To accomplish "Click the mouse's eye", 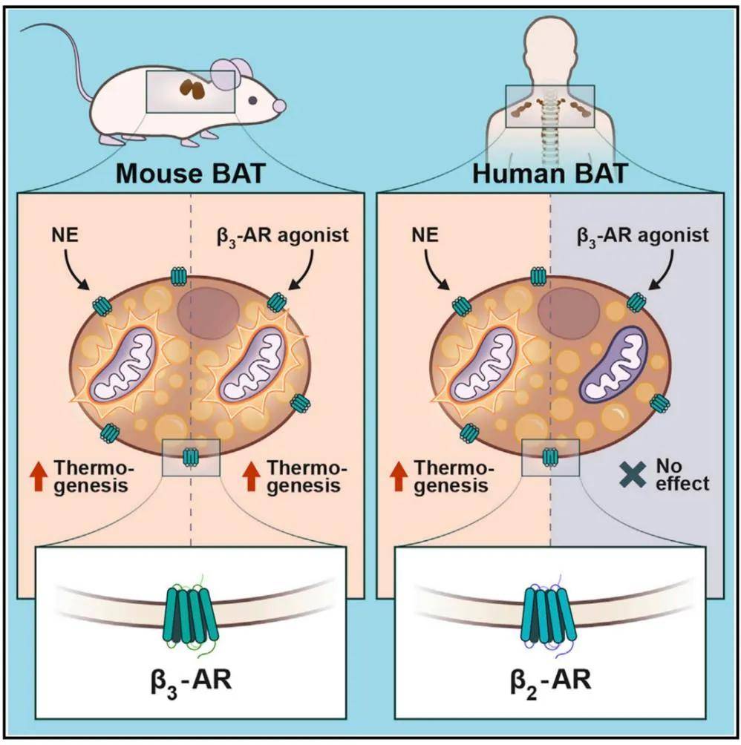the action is [x=253, y=100].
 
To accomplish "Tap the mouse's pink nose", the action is [x=281, y=105].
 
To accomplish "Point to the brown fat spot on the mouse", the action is [x=192, y=89].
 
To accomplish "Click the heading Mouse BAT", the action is [x=190, y=174].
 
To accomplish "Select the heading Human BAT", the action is [x=550, y=174].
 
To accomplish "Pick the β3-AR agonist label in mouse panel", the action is [x=283, y=236].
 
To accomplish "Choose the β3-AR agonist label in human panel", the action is [x=642, y=236].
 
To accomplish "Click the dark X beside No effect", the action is [x=632, y=475].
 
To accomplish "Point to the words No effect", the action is [x=682, y=475].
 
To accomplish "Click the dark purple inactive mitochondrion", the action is [x=613, y=365].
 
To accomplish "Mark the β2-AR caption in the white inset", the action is [x=551, y=681].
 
